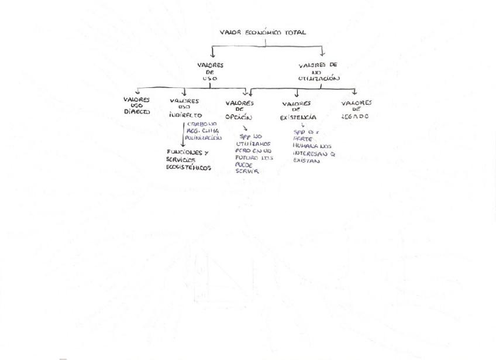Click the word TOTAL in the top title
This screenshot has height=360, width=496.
(x=295, y=33)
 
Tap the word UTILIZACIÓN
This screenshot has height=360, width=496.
(x=319, y=78)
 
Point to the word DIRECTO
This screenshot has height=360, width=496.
(x=137, y=111)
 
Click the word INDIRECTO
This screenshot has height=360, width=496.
(x=185, y=115)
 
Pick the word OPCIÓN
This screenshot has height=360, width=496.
(x=238, y=117)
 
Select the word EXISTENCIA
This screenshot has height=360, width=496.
(x=298, y=118)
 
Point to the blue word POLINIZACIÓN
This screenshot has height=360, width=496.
(x=204, y=138)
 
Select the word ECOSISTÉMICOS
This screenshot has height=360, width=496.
(x=188, y=168)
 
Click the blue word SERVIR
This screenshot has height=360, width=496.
(x=247, y=172)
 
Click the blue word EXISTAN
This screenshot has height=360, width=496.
(x=306, y=160)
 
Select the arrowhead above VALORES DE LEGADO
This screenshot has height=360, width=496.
(x=354, y=92)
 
